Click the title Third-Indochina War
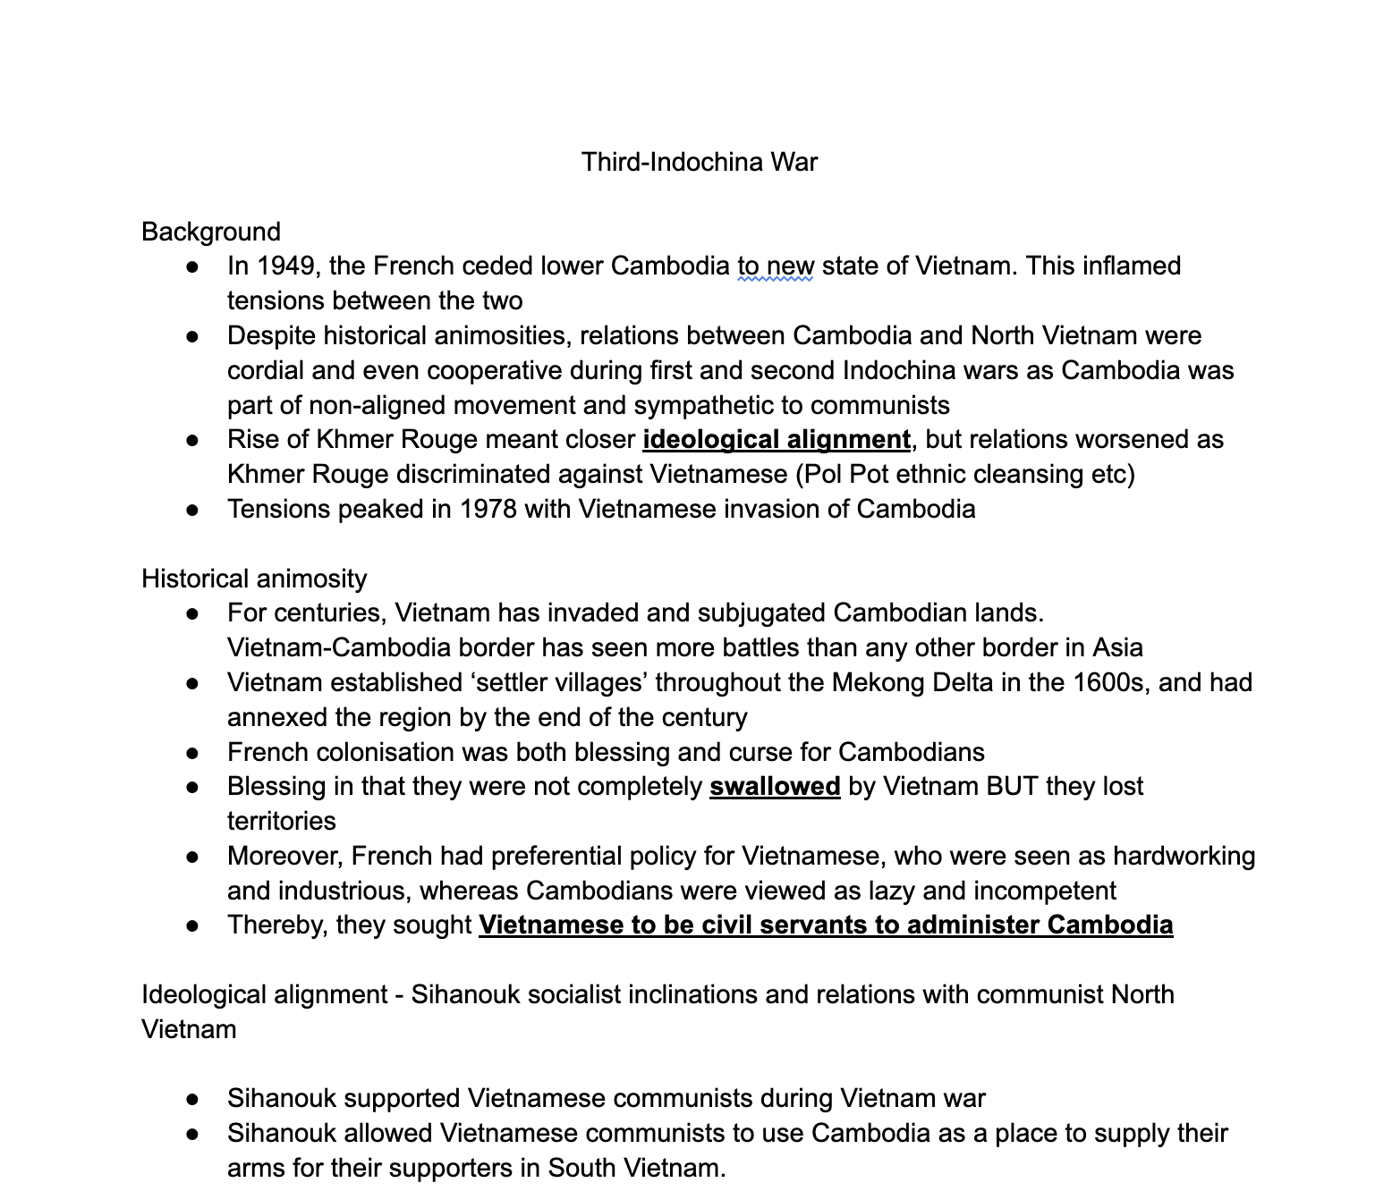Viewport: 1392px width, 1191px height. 699,162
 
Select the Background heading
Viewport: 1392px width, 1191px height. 211,232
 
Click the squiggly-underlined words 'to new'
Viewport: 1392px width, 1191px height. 775,266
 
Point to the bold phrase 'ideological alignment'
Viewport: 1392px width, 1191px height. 776,440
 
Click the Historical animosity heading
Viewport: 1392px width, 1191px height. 254,579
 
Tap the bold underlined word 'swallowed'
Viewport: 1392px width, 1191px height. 775,787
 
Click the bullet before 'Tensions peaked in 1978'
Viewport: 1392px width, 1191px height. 192,511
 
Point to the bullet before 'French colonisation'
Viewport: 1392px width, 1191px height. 192,754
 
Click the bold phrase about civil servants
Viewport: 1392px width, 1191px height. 826,925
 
